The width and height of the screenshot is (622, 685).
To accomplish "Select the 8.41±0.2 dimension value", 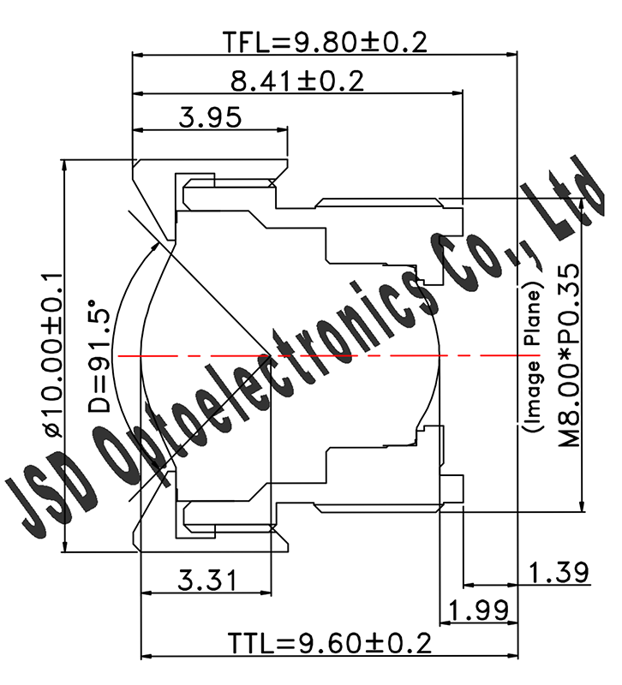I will pyautogui.click(x=297, y=81).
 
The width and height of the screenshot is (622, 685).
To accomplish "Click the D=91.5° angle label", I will pyautogui.click(x=101, y=357).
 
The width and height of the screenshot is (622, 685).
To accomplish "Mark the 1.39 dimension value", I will pyautogui.click(x=558, y=571).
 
